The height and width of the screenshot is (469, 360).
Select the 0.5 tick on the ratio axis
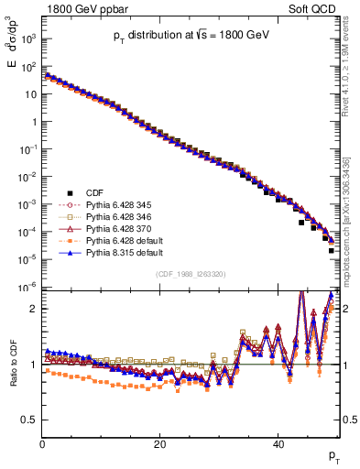point(30,420)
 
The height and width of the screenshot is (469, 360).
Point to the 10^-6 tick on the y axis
point(28,288)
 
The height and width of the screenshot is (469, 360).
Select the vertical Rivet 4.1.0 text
point(352,82)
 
